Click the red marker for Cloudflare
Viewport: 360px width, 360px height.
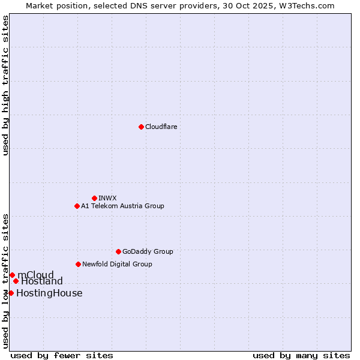pos(141,127)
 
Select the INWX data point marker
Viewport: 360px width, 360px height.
pos(94,198)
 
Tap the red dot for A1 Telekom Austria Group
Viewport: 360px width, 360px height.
pos(77,206)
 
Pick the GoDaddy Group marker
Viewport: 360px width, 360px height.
pos(118,251)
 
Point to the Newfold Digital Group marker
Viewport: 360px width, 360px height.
pos(78,264)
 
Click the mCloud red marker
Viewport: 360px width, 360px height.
pos(12,275)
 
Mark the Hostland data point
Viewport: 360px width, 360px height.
pos(16,281)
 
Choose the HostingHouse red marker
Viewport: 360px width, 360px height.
pos(11,293)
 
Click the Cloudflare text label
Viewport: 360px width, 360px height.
pos(161,127)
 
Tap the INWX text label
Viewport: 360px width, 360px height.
pos(107,198)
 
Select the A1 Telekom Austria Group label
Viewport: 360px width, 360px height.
pos(122,206)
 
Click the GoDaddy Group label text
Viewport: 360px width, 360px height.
pos(148,251)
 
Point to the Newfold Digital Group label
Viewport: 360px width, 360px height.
pos(117,264)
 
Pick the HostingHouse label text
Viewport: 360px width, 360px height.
pos(49,293)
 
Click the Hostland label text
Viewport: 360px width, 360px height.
pos(42,281)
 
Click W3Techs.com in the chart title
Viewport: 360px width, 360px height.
pos(308,5)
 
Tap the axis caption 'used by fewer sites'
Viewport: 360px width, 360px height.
pos(62,355)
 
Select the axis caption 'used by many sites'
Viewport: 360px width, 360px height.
pos(301,355)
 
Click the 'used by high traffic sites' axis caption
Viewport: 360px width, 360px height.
pos(5,85)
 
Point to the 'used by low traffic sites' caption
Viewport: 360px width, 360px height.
pos(5,280)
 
